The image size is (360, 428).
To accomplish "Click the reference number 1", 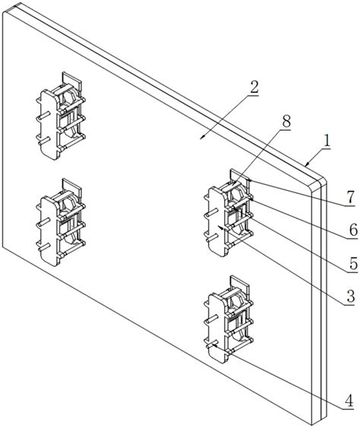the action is click(x=326, y=141).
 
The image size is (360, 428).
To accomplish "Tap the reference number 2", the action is click(x=254, y=87).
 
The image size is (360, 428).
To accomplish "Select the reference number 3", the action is click(x=350, y=296).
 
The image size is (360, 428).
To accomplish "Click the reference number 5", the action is click(x=353, y=263).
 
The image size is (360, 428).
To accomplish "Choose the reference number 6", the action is click(x=353, y=230).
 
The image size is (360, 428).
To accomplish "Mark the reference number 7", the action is click(x=350, y=198).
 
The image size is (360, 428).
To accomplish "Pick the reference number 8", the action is click(x=286, y=121).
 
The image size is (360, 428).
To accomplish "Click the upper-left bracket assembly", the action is click(x=61, y=116).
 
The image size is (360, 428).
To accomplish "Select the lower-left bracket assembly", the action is click(x=61, y=223).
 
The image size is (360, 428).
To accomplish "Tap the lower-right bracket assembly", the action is click(x=229, y=319).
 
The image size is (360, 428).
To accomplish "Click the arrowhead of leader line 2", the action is click(x=202, y=138).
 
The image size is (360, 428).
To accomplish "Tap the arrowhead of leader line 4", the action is click(x=215, y=346).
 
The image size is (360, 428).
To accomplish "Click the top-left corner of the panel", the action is click(x=3, y=13).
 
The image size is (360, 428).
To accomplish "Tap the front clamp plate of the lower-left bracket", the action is click(x=49, y=231).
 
